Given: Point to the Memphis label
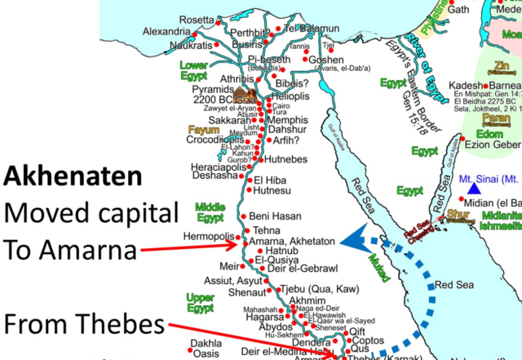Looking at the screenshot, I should [x=286, y=119].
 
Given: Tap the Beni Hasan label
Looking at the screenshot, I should [x=276, y=216].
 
